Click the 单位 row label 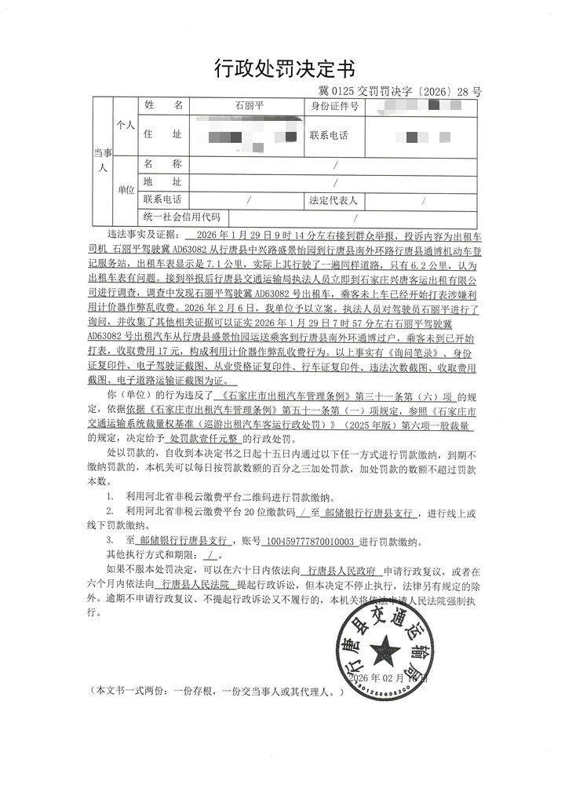click(126, 191)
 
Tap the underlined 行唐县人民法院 click(190, 584)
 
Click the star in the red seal click(385, 647)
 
